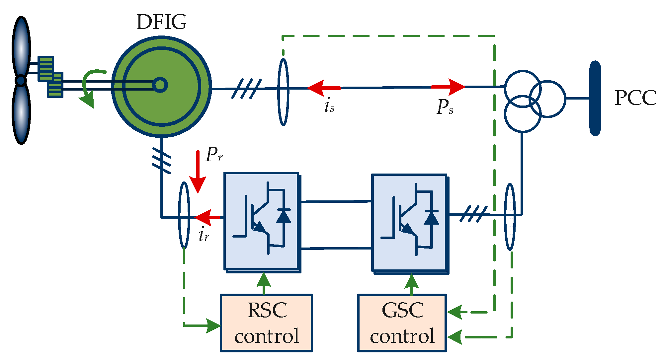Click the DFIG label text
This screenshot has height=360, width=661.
[x=161, y=22]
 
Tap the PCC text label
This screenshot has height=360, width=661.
[x=635, y=98]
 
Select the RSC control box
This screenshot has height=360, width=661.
[x=266, y=323]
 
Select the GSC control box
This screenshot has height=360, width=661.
[x=402, y=323]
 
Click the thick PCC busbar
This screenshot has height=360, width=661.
[x=595, y=98]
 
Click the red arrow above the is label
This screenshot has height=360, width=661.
[x=324, y=88]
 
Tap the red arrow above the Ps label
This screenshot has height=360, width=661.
[x=448, y=87]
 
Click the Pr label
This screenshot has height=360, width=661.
[x=214, y=154]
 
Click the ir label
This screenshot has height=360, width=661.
[x=204, y=235]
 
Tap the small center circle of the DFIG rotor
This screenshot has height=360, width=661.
[x=160, y=85]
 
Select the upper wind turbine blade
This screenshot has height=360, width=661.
[x=21, y=46]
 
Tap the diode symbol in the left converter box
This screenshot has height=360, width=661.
[x=284, y=216]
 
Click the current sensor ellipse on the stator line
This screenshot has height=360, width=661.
[x=283, y=92]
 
